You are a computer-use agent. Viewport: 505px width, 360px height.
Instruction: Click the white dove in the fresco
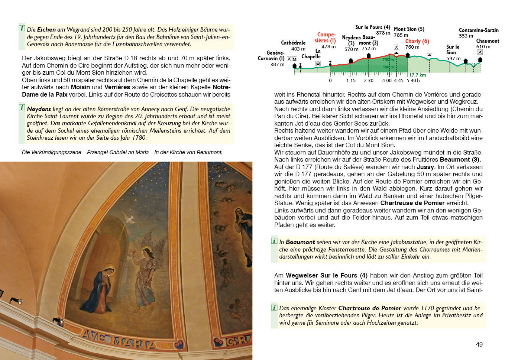[x=129, y=218]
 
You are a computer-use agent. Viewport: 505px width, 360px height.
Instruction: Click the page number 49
[x=479, y=344]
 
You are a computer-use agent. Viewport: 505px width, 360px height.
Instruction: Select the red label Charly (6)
[x=417, y=41]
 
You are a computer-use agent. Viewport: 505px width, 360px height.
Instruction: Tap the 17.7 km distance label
[x=417, y=75]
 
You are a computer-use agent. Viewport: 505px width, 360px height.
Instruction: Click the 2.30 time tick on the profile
[x=369, y=81]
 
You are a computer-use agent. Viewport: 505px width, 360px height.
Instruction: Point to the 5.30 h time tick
[x=413, y=81]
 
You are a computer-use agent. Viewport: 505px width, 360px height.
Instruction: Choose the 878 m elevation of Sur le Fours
[x=383, y=33]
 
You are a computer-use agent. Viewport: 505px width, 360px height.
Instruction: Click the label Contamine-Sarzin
[x=479, y=30]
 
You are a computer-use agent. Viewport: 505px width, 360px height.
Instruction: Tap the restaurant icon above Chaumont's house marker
[x=480, y=52]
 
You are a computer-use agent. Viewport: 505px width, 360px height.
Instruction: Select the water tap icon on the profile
[x=430, y=55]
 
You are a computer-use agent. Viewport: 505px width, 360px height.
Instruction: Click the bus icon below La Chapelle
[x=318, y=64]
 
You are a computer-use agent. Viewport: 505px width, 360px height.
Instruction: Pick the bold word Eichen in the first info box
[x=46, y=29]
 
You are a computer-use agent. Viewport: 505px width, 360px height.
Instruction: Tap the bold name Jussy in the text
[x=425, y=167]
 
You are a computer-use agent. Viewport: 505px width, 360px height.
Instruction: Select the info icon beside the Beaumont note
[x=274, y=241]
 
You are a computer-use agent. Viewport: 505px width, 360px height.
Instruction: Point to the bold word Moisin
[x=80, y=87]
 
